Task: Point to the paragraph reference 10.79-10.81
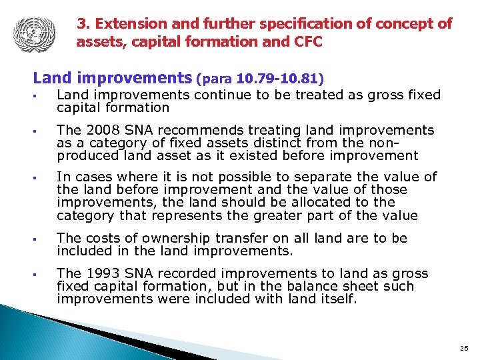pos(283,79)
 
